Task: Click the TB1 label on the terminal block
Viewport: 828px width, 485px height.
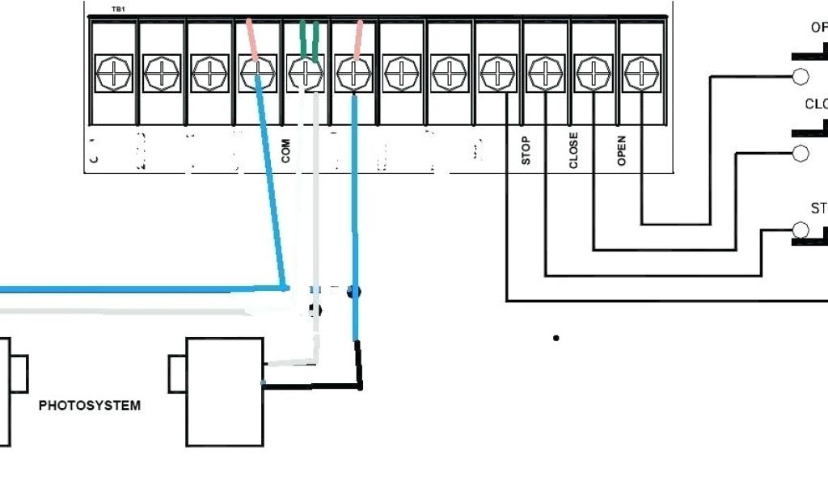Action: point(118,10)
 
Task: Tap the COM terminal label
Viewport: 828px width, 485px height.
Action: point(285,150)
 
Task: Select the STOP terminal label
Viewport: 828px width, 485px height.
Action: point(526,150)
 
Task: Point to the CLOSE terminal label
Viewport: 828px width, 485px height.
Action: point(573,150)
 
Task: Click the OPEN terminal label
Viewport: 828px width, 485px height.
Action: point(622,150)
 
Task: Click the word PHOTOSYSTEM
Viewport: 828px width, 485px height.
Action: point(89,405)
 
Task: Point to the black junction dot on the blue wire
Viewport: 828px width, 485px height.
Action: point(353,292)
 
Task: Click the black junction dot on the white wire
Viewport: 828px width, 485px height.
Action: point(315,310)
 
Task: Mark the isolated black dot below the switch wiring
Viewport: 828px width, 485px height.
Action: point(556,338)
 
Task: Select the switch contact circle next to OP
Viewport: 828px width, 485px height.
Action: point(801,77)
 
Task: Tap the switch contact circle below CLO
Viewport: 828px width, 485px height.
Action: point(801,154)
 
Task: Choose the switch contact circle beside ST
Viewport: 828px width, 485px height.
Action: point(801,230)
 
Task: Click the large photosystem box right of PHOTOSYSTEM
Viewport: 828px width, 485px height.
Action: point(225,392)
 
